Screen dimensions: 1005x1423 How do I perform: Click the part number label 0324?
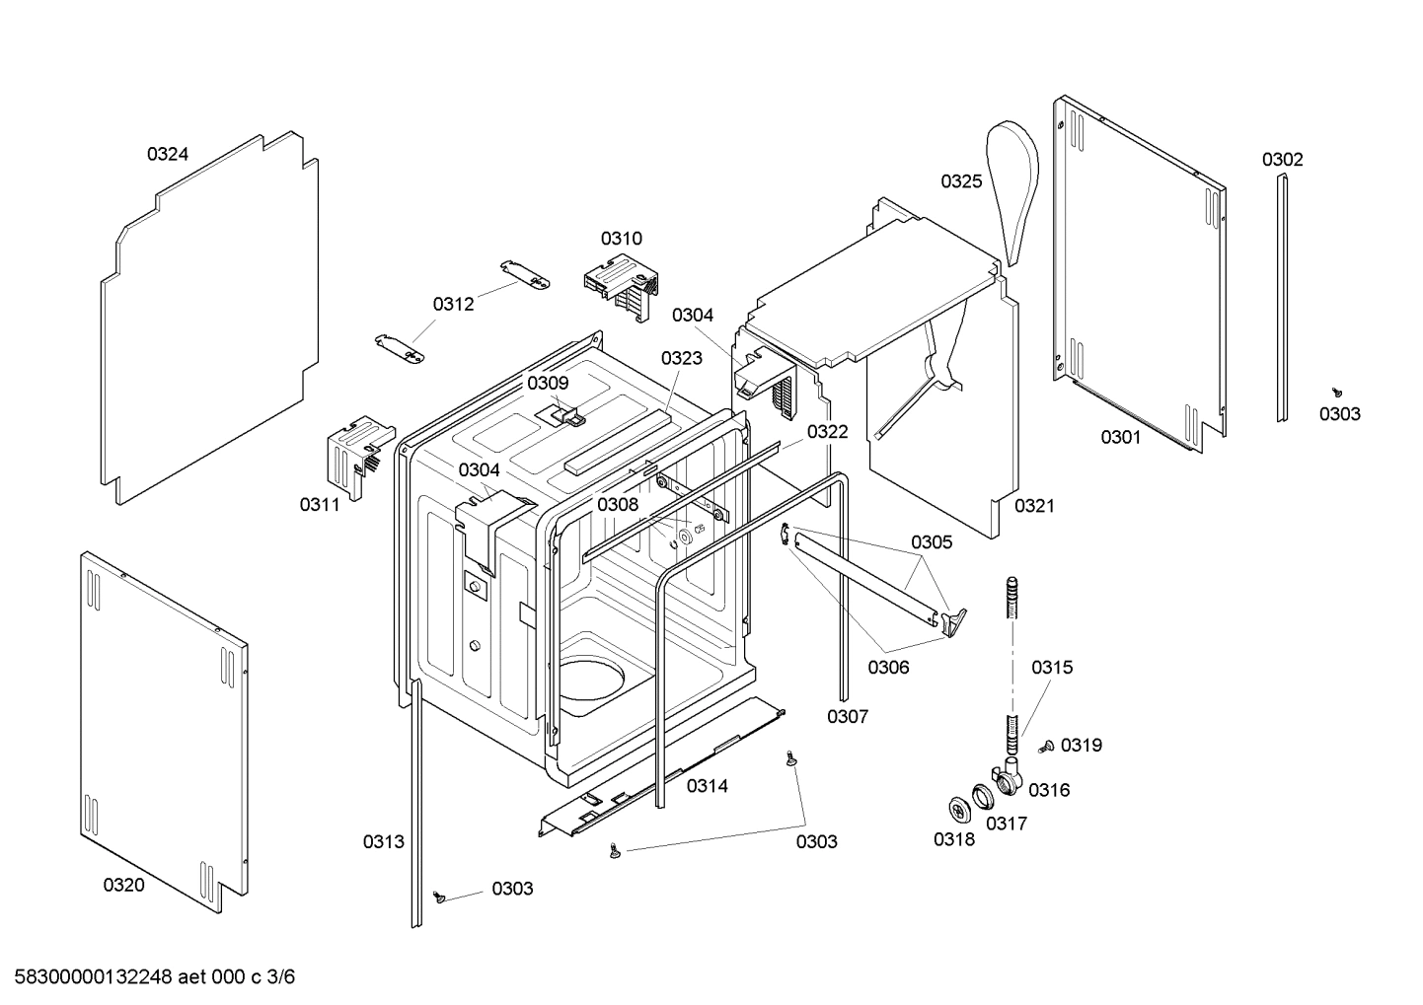click(168, 154)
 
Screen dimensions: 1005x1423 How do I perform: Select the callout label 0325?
click(960, 180)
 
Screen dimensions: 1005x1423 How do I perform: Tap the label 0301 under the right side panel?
click(1121, 437)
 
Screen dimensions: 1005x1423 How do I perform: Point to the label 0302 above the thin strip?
click(1282, 160)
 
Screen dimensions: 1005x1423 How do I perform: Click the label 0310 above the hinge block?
click(622, 239)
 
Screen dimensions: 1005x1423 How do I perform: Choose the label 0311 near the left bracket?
click(320, 505)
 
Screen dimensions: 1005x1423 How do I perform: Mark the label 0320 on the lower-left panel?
click(123, 885)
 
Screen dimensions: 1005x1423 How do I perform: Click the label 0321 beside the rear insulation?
click(1034, 506)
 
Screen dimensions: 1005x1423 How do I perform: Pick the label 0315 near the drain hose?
click(1052, 668)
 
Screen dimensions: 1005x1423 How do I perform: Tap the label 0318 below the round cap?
click(953, 839)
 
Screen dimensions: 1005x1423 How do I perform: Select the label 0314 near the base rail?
click(708, 786)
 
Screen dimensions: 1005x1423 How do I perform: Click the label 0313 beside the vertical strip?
click(383, 841)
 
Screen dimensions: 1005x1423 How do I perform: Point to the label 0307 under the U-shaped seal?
click(848, 716)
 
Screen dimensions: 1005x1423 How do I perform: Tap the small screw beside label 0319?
click(1048, 747)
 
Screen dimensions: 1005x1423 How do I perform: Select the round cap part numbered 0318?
click(957, 808)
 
